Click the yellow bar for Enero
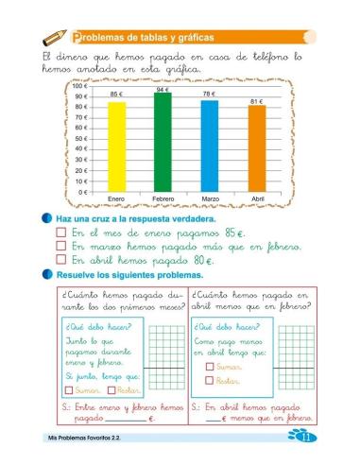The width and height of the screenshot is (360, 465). (x=116, y=146)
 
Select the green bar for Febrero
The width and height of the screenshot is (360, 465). (x=163, y=142)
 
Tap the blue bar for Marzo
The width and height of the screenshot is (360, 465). (x=209, y=146)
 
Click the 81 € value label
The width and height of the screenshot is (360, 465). (x=256, y=100)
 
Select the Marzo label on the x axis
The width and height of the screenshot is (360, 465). (x=210, y=198)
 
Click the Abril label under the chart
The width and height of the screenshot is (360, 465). (x=256, y=198)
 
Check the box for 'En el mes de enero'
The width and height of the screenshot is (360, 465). (x=61, y=232)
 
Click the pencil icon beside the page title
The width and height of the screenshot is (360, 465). (x=54, y=37)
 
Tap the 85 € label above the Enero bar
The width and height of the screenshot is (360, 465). (x=116, y=95)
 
